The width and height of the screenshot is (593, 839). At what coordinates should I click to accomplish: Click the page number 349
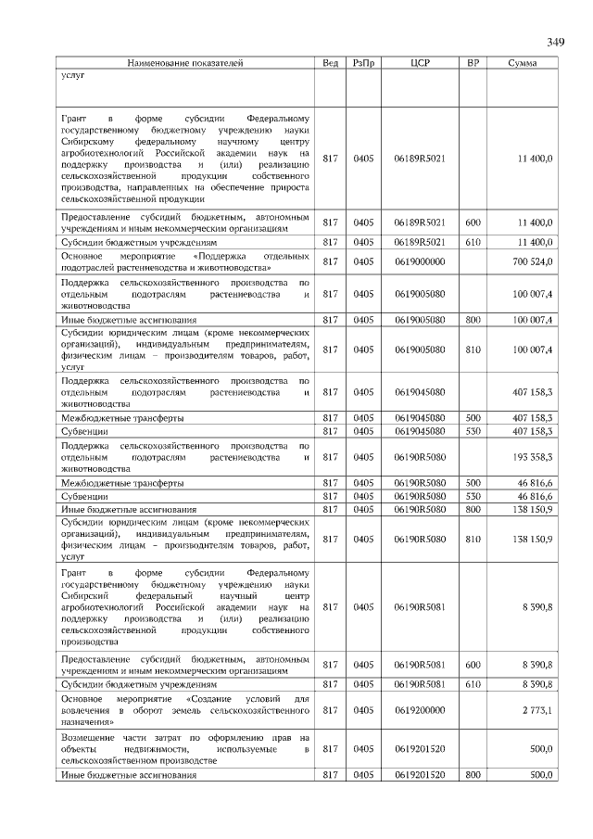555,42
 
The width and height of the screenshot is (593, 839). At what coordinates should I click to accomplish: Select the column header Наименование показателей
185,63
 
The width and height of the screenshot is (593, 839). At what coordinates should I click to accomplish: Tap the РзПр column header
363,63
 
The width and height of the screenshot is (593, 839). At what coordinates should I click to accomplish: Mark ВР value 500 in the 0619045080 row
473,418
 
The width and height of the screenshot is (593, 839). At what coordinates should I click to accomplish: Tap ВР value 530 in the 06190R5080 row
473,496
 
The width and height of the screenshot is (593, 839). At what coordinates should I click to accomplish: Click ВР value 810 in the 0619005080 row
473,350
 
